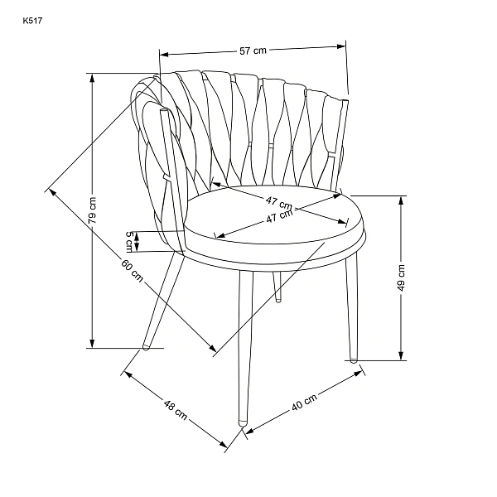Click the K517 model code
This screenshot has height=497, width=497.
pyautogui.click(x=32, y=21)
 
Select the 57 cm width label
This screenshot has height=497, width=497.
pyautogui.click(x=253, y=51)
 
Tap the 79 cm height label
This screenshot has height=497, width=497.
pyautogui.click(x=92, y=210)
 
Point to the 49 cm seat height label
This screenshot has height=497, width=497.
pyautogui.click(x=401, y=277)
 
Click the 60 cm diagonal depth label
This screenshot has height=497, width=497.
pyautogui.click(x=132, y=270)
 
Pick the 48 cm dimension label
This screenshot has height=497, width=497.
pyautogui.click(x=176, y=409)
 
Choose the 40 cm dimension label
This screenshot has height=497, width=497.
pyautogui.click(x=304, y=403)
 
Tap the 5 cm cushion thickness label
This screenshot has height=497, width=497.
pyautogui.click(x=129, y=242)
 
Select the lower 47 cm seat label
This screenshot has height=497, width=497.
pyautogui.click(x=279, y=216)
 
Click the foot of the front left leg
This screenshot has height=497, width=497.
pyautogui.click(x=146, y=346)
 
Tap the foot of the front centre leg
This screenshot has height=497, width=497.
pyautogui.click(x=243, y=422)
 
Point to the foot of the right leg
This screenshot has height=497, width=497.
pyautogui.click(x=353, y=359)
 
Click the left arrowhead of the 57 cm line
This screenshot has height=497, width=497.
pyautogui.click(x=163, y=55)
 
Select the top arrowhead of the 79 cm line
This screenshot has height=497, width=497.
pyautogui.click(x=92, y=78)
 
